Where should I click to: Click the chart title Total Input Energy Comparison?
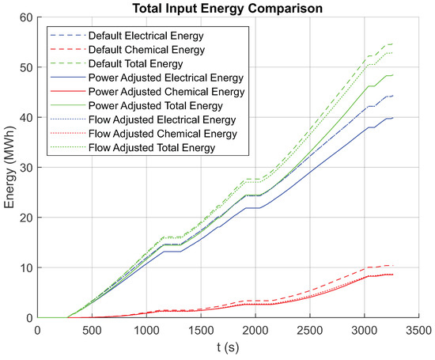(x=234, y=8)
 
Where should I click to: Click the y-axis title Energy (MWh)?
(x=10, y=168)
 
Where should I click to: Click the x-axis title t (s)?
(x=234, y=350)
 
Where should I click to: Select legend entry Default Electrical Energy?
(x=143, y=36)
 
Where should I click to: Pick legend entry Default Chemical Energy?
(x=142, y=50)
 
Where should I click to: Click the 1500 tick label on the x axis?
(x=206, y=330)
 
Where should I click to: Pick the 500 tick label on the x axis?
(x=93, y=330)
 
